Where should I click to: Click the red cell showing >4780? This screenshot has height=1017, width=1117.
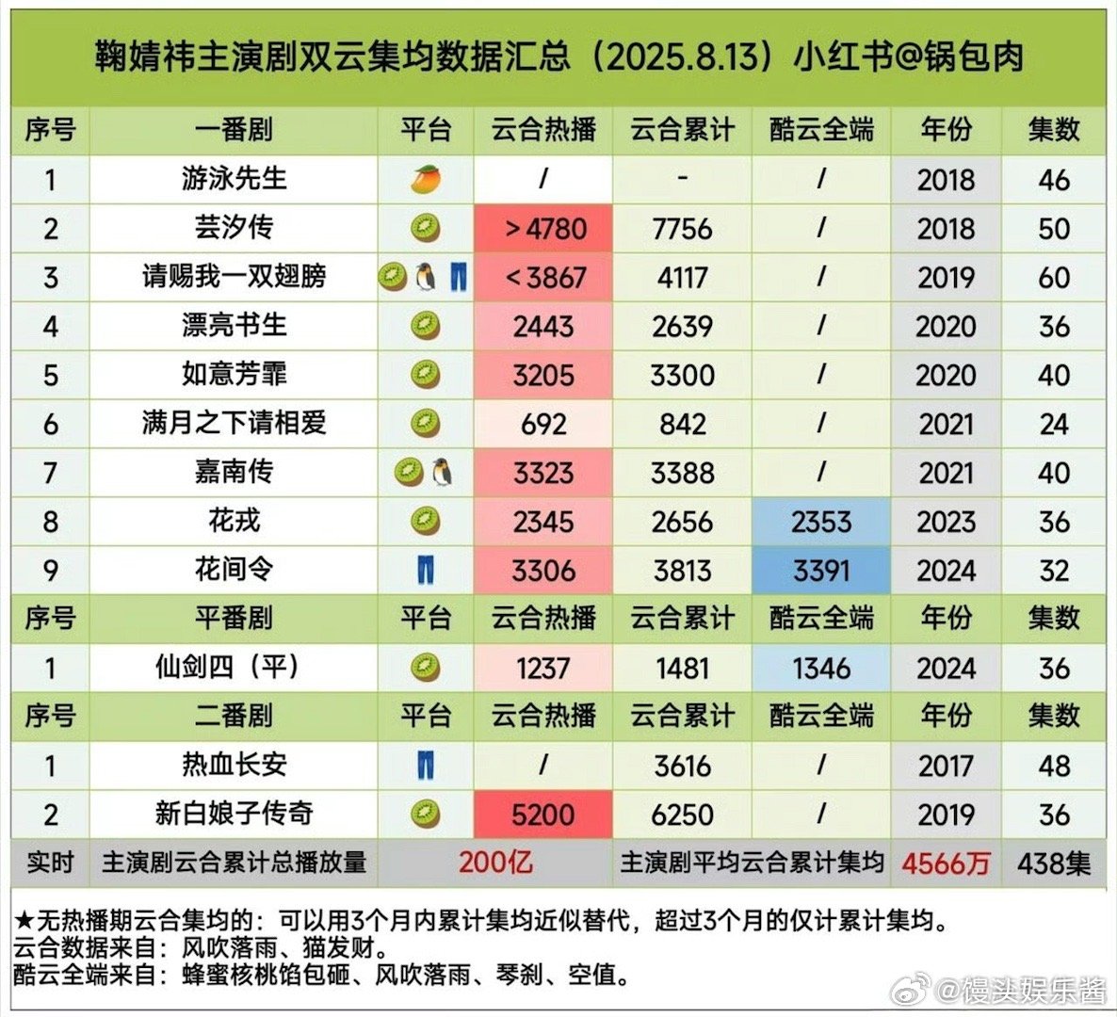pyautogui.click(x=543, y=229)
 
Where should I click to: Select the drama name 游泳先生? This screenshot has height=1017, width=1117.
pyautogui.click(x=234, y=178)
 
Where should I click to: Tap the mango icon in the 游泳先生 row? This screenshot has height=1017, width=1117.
pyautogui.click(x=426, y=179)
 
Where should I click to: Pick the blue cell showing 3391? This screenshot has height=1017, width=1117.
pyautogui.click(x=821, y=571)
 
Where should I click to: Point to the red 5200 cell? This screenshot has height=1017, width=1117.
pyautogui.click(x=543, y=815)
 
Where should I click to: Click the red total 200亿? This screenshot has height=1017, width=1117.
pyautogui.click(x=495, y=863)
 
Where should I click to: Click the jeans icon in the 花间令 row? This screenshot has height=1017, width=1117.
pyautogui.click(x=426, y=570)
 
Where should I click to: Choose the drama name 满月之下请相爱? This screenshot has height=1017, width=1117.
pyautogui.click(x=234, y=423)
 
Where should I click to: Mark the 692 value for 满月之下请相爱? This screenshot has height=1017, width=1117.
pyautogui.click(x=543, y=424)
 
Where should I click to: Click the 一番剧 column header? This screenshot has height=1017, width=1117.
pyautogui.click(x=234, y=130)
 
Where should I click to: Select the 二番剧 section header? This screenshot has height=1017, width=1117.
pyautogui.click(x=234, y=716)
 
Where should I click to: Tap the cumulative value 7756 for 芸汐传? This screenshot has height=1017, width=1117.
pyautogui.click(x=682, y=229)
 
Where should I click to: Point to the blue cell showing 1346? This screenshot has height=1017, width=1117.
pyautogui.click(x=821, y=669)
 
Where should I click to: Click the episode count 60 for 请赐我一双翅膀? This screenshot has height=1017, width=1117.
pyautogui.click(x=1053, y=278)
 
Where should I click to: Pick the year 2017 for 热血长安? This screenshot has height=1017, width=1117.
pyautogui.click(x=946, y=766)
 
